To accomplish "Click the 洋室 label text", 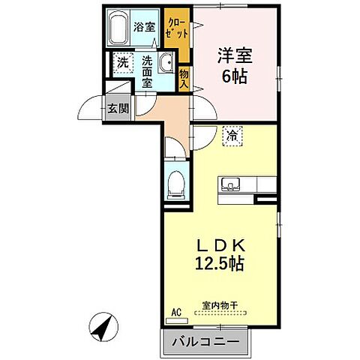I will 234,55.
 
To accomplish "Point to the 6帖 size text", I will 234,75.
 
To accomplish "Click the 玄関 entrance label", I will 117,109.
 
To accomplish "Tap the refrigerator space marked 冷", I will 232,136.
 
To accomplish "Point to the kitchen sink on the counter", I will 228,185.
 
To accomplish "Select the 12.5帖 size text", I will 220,264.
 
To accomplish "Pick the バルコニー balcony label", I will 204,342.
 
